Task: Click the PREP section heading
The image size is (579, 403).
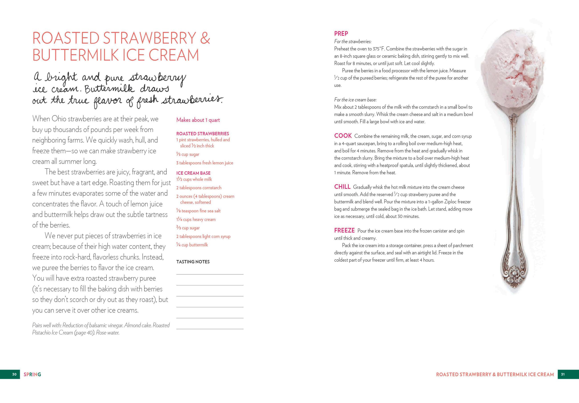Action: coord(341,34)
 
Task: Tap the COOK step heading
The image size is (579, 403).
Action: coord(343,136)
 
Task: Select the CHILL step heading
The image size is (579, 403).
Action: coord(342,187)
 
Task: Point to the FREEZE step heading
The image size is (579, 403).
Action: coord(344,231)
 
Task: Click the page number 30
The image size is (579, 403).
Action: coord(14,374)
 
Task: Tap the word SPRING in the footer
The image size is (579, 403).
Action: coord(32,374)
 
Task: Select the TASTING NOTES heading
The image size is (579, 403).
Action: coord(193,262)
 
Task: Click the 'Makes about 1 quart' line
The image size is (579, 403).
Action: coord(198,120)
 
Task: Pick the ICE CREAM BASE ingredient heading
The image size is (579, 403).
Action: coord(193,173)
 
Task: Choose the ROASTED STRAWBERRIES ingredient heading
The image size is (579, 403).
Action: coord(202,134)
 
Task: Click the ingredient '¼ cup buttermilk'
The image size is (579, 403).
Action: coord(192,245)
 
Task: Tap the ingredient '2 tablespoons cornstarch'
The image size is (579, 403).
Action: coord(199,188)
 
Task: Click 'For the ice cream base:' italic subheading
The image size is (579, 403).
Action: coord(355,100)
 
